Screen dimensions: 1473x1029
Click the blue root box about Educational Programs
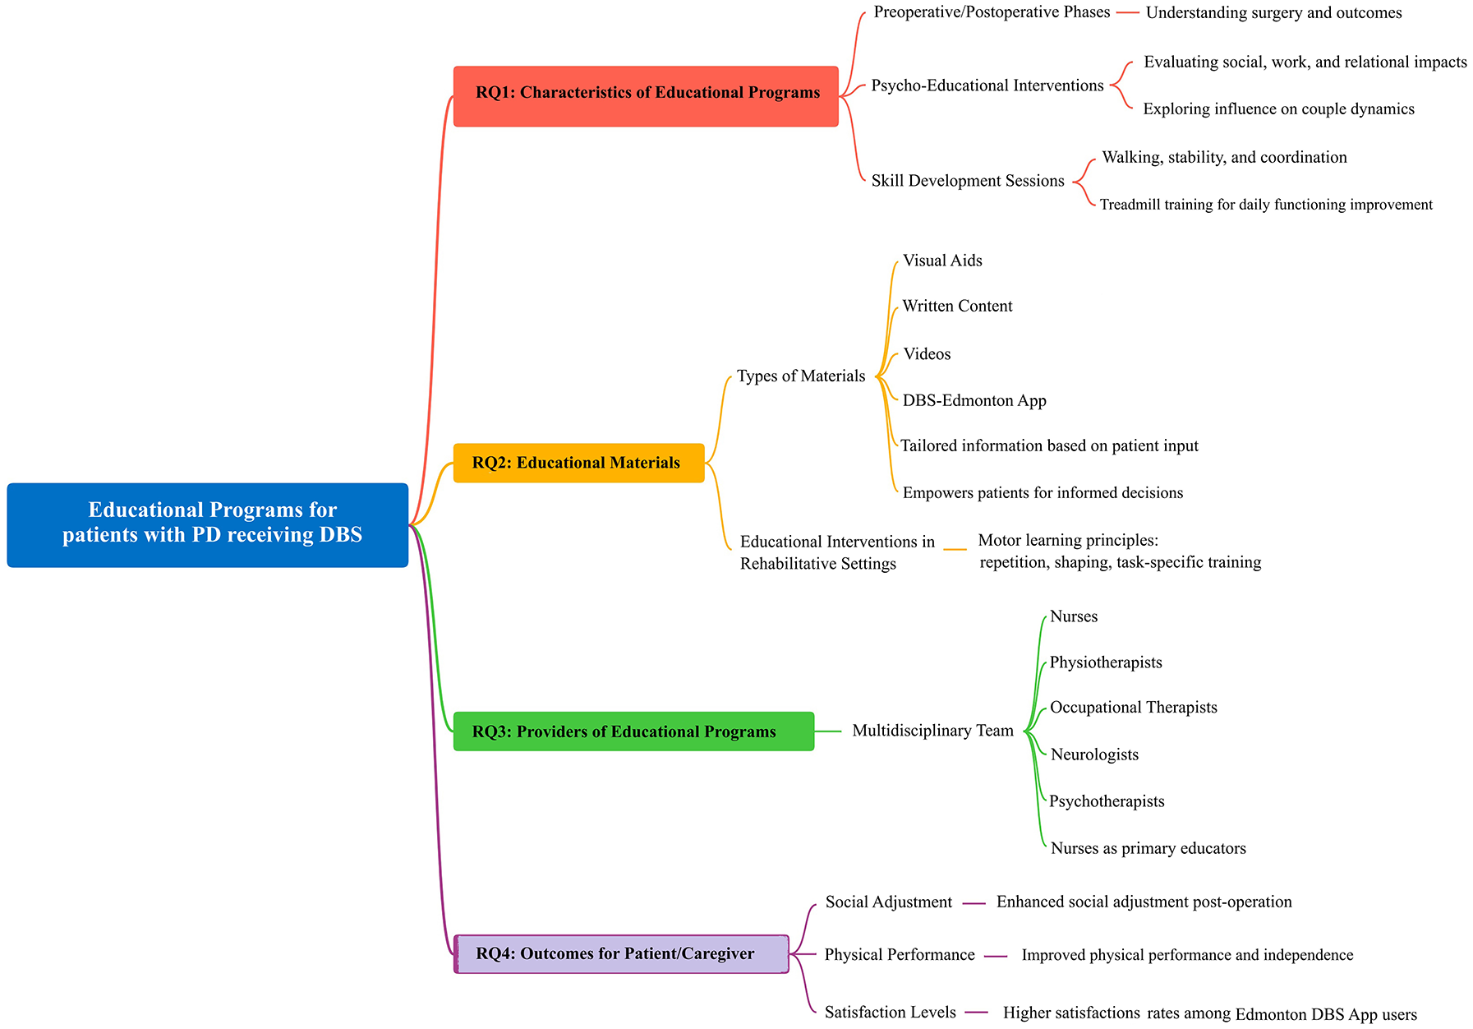click(x=208, y=525)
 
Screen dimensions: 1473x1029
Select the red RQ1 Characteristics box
click(x=646, y=96)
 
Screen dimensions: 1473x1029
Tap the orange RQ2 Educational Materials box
click(x=579, y=463)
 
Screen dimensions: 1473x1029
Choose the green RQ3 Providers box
click(x=633, y=731)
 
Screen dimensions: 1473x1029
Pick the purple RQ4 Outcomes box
click(x=621, y=954)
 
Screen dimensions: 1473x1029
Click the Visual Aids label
click(x=942, y=261)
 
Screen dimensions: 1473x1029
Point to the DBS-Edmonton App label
click(x=974, y=401)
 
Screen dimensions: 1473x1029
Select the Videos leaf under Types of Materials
click(x=927, y=354)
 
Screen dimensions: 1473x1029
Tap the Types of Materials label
click(x=801, y=376)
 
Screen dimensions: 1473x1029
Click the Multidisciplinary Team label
click(x=932, y=731)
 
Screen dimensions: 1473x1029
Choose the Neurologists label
click(x=1094, y=754)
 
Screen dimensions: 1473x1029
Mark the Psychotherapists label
click(x=1107, y=801)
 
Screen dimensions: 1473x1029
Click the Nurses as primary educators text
click(x=1148, y=848)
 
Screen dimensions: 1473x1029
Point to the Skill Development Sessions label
click(x=968, y=181)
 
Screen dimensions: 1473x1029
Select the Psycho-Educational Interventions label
click(x=987, y=85)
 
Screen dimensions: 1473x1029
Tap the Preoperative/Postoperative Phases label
click(x=992, y=12)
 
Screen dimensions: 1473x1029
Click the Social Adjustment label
click(x=889, y=902)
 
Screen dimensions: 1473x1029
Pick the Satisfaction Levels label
click(x=891, y=1013)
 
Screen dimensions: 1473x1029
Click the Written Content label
click(x=957, y=307)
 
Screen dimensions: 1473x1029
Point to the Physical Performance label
click(x=900, y=955)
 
